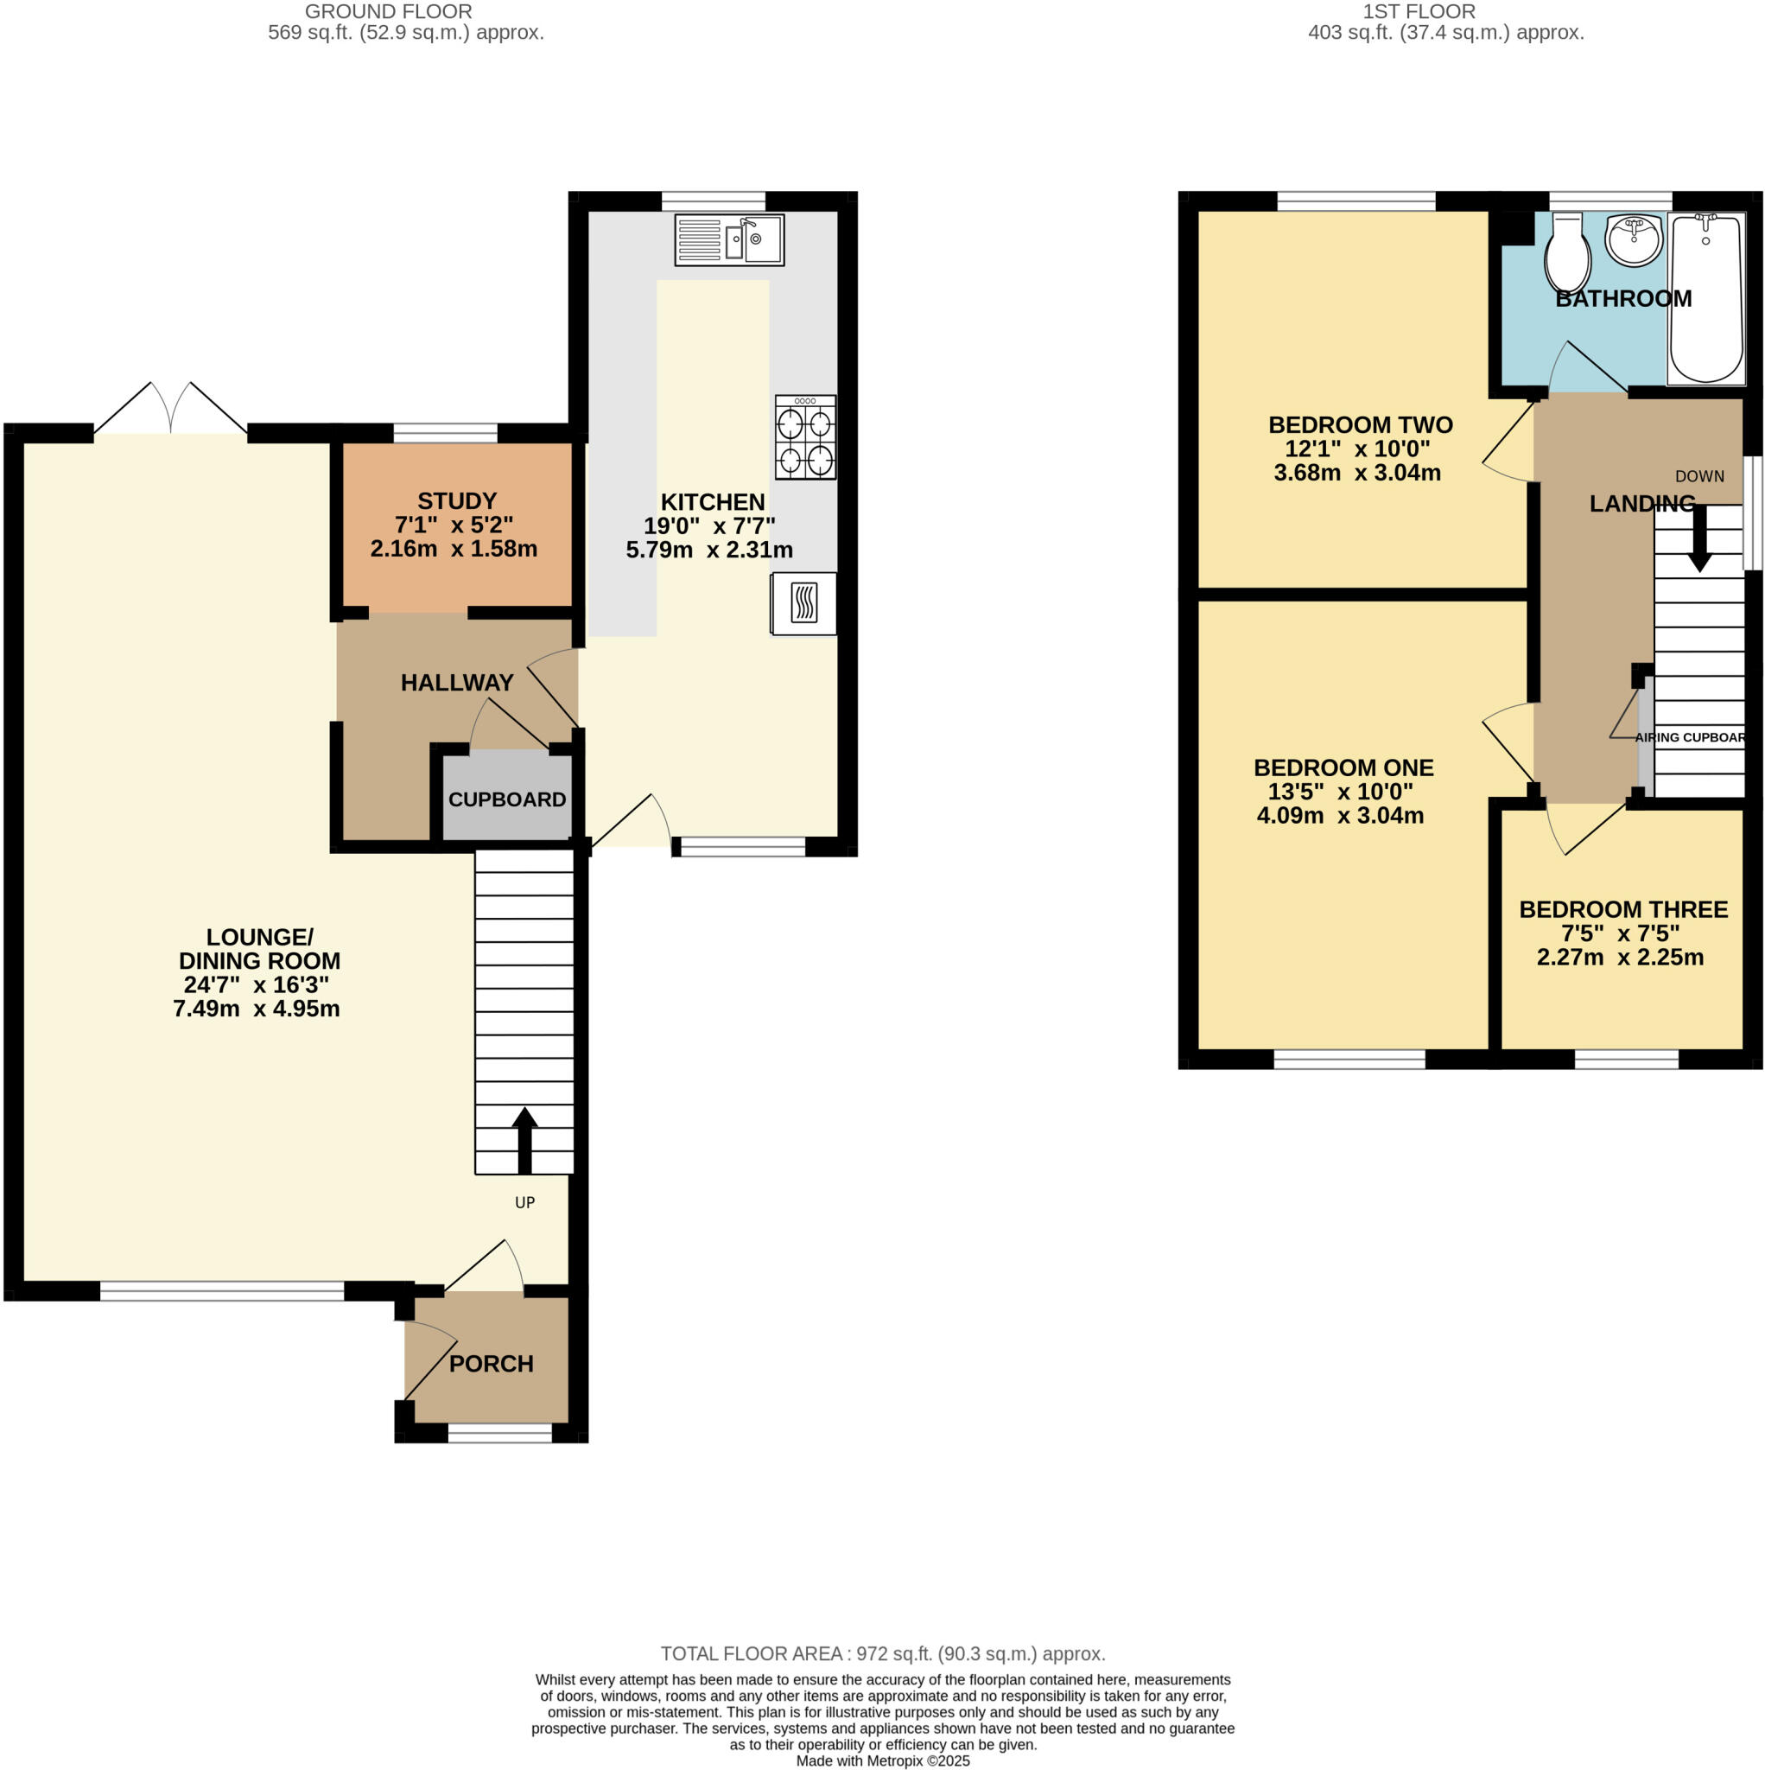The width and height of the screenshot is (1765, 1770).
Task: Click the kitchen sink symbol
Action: pyautogui.click(x=729, y=240)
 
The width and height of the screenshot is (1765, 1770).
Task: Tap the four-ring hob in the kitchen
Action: pyautogui.click(x=805, y=437)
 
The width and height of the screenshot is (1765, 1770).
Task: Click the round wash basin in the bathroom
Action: pyautogui.click(x=1633, y=240)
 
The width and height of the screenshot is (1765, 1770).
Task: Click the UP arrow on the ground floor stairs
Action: pyautogui.click(x=524, y=1140)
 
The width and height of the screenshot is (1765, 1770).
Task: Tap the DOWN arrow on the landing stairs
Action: pyautogui.click(x=1699, y=538)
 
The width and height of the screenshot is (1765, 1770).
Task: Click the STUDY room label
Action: pyautogui.click(x=457, y=501)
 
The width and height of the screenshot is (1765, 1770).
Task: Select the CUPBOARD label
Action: pyautogui.click(x=506, y=799)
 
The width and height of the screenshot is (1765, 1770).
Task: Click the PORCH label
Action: pyautogui.click(x=491, y=1364)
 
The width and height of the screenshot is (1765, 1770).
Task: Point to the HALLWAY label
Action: pyautogui.click(x=457, y=683)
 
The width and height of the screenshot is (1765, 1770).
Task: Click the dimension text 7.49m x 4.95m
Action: pyautogui.click(x=257, y=1009)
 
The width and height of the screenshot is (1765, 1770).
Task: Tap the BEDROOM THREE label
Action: pyautogui.click(x=1623, y=910)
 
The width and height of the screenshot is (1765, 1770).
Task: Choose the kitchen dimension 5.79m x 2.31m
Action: pyautogui.click(x=709, y=550)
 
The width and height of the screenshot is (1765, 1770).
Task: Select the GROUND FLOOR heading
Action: pyautogui.click(x=389, y=12)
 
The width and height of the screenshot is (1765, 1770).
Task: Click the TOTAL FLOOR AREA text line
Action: pyautogui.click(x=882, y=1653)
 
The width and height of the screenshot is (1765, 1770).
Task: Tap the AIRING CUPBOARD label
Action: pyautogui.click(x=1690, y=737)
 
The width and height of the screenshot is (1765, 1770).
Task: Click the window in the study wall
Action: pyautogui.click(x=445, y=432)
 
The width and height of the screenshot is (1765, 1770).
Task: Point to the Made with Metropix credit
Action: pyautogui.click(x=882, y=1760)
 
